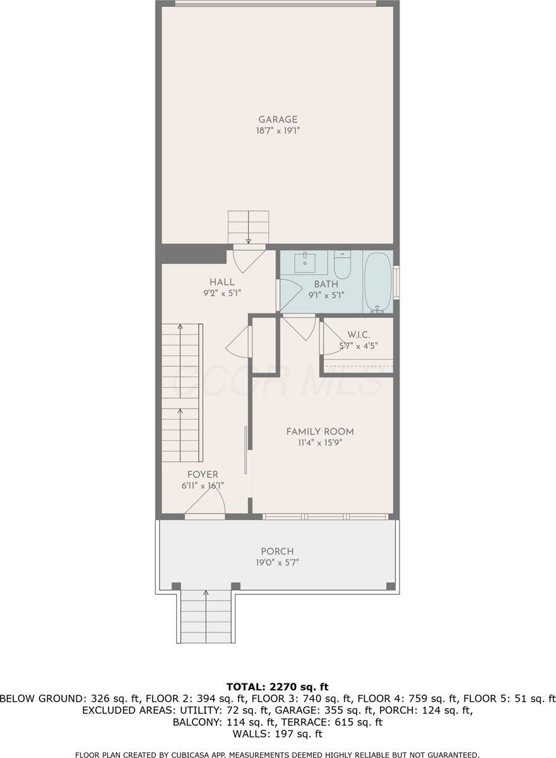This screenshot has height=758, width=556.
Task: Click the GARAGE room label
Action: coord(278,119)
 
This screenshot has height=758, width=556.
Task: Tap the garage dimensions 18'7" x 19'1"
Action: coord(278,132)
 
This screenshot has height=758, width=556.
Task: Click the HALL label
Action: coord(222,282)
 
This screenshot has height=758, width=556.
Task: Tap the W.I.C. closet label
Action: coord(358,334)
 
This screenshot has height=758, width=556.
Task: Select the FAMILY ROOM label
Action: coord(320,431)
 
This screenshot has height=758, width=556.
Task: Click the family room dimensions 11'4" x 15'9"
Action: coord(320,443)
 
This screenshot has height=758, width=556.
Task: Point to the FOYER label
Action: coord(203,474)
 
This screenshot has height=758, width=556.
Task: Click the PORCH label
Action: coord(277,551)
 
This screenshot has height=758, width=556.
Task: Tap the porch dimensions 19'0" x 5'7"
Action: coord(277,562)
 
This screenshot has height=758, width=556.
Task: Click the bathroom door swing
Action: coord(289,294)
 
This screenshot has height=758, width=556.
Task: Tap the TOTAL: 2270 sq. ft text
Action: coord(278,687)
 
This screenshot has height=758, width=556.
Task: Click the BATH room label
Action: coord(326,284)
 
